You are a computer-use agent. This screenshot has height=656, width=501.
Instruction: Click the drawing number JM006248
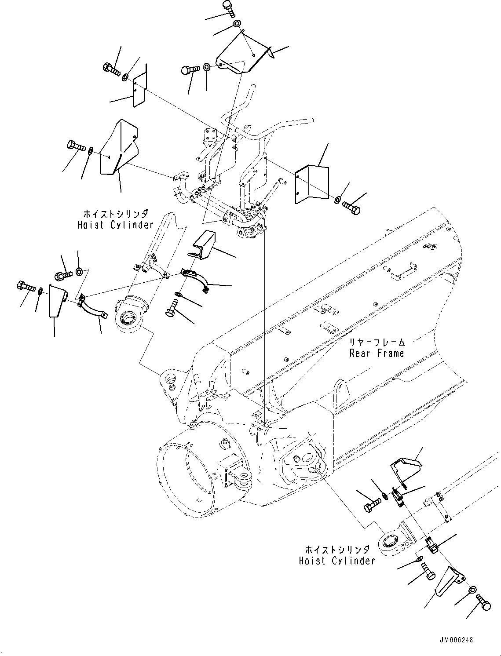pos(455,641)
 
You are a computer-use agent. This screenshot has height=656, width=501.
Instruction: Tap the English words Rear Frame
pos(377,353)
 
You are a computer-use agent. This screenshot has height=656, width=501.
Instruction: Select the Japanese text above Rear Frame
pos(377,342)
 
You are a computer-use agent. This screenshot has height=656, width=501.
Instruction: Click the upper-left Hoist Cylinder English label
pos(115,225)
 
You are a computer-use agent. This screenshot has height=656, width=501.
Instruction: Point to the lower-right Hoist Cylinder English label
pos(337,561)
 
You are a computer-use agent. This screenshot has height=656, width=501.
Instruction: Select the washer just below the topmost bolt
pos(237,24)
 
